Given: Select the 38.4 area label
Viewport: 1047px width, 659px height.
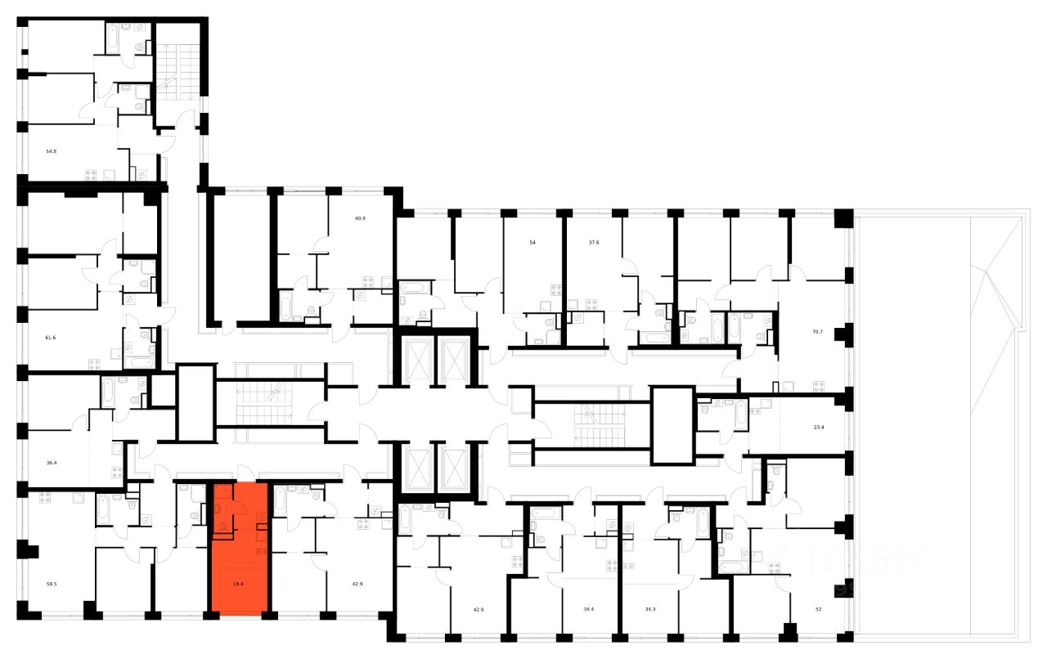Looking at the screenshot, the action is coord(52,462).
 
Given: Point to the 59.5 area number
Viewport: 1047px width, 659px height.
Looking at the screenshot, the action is coord(52,584).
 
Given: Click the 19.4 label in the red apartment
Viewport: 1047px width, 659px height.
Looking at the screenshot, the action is coord(239,584).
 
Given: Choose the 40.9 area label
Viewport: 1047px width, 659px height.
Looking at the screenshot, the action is coord(358,218).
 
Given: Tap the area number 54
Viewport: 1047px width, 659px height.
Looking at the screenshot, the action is coord(532,243).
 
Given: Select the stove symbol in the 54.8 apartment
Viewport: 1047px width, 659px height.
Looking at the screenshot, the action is coord(91,174).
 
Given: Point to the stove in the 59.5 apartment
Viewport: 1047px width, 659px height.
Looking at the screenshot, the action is coord(116,472).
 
